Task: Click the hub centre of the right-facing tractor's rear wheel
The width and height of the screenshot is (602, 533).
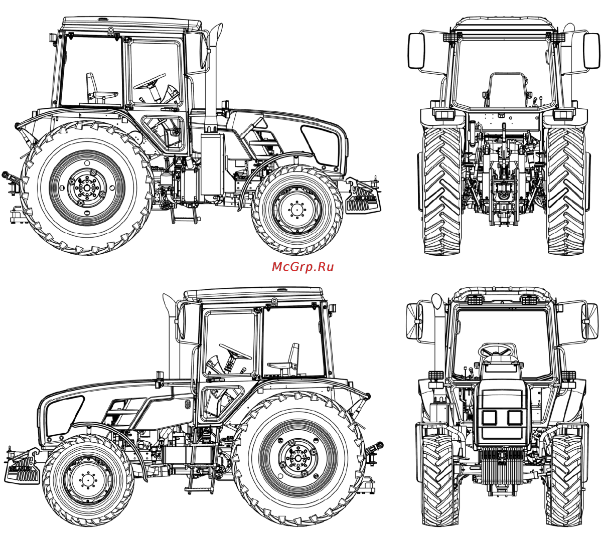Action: [87, 188]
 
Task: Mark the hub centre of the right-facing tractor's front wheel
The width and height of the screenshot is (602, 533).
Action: [296, 210]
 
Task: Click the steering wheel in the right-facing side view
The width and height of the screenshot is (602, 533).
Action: [149, 81]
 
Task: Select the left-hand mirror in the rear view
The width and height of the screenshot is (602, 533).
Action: [416, 51]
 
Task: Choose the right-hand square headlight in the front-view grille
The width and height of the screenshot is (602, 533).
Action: [515, 417]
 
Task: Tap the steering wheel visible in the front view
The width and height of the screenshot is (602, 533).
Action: [497, 350]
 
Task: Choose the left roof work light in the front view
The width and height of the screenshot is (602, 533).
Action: [475, 300]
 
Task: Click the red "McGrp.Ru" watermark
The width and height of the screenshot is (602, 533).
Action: [303, 267]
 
